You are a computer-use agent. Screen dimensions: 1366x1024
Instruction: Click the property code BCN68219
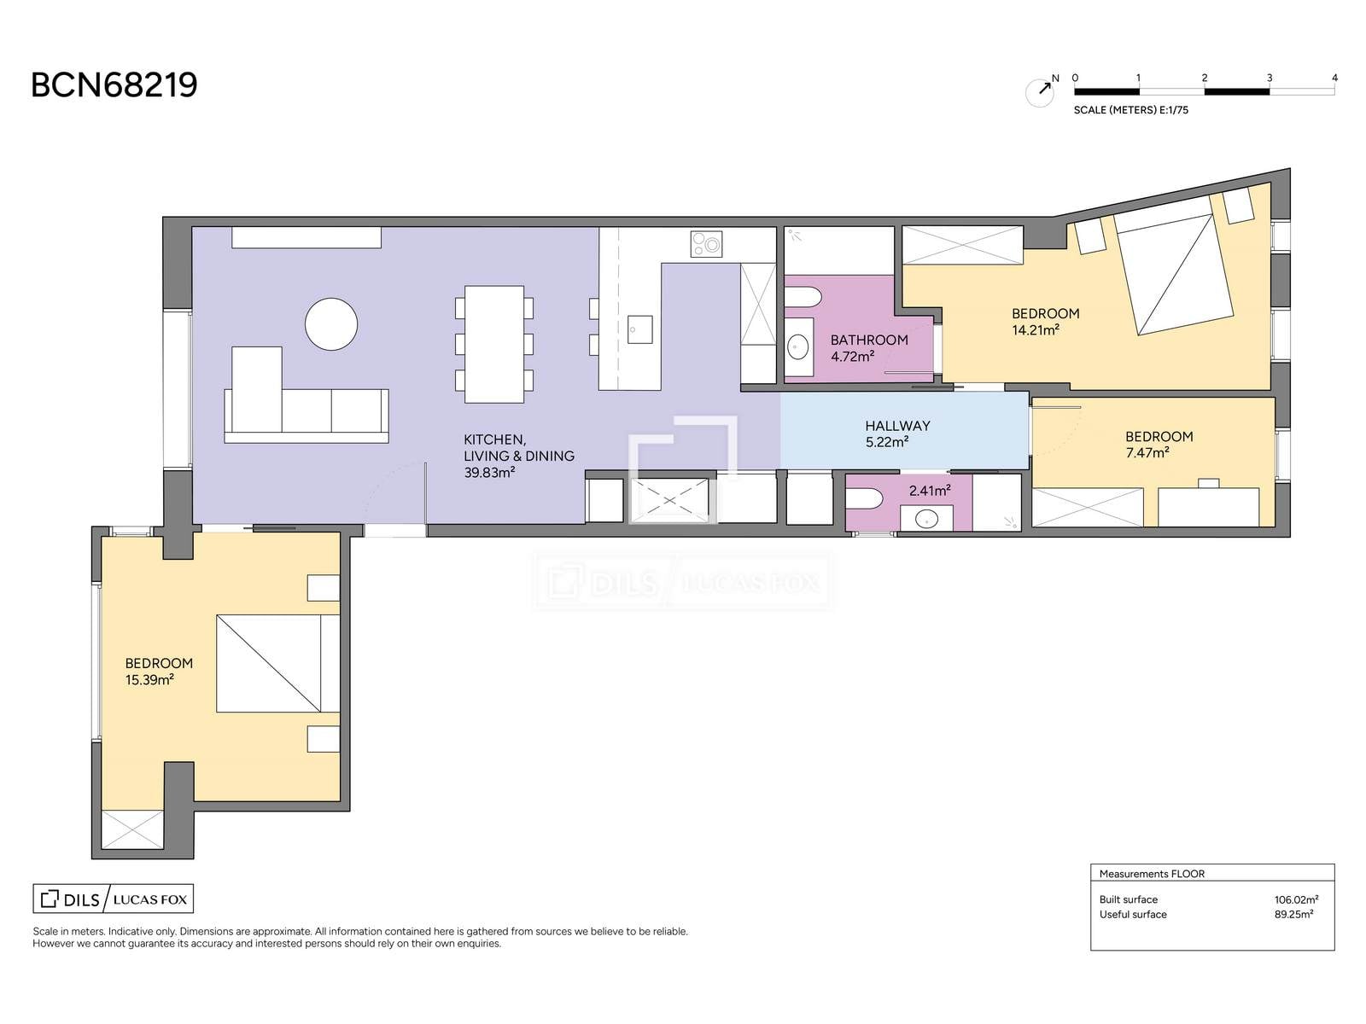(114, 85)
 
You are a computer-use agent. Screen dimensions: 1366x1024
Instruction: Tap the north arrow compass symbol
(1040, 91)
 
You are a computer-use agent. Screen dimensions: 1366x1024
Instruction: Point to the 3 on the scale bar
(1269, 79)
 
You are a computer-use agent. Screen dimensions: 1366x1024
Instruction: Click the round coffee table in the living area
(331, 324)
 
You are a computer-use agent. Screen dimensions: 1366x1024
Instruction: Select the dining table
(494, 344)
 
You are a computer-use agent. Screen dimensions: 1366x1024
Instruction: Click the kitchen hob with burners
(706, 244)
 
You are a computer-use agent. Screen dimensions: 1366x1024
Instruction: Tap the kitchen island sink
(639, 329)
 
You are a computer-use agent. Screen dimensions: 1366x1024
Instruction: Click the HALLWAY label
(897, 426)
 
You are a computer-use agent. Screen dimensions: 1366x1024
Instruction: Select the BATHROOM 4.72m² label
(869, 348)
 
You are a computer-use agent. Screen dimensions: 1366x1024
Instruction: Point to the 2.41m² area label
(930, 491)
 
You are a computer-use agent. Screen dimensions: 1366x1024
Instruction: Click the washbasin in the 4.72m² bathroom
(797, 347)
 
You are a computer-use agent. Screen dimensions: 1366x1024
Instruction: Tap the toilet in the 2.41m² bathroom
(864, 498)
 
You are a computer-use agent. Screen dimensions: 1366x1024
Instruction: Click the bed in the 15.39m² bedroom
(278, 663)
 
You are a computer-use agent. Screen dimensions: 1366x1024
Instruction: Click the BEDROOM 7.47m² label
(1159, 445)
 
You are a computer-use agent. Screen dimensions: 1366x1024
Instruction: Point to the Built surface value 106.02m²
(1296, 899)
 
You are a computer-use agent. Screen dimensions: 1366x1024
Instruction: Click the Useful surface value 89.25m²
(1293, 915)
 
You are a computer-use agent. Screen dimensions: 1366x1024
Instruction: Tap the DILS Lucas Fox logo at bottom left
(114, 899)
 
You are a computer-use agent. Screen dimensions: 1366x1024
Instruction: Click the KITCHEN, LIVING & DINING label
(519, 456)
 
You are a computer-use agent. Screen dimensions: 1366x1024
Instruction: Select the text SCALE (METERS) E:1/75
(1130, 110)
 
